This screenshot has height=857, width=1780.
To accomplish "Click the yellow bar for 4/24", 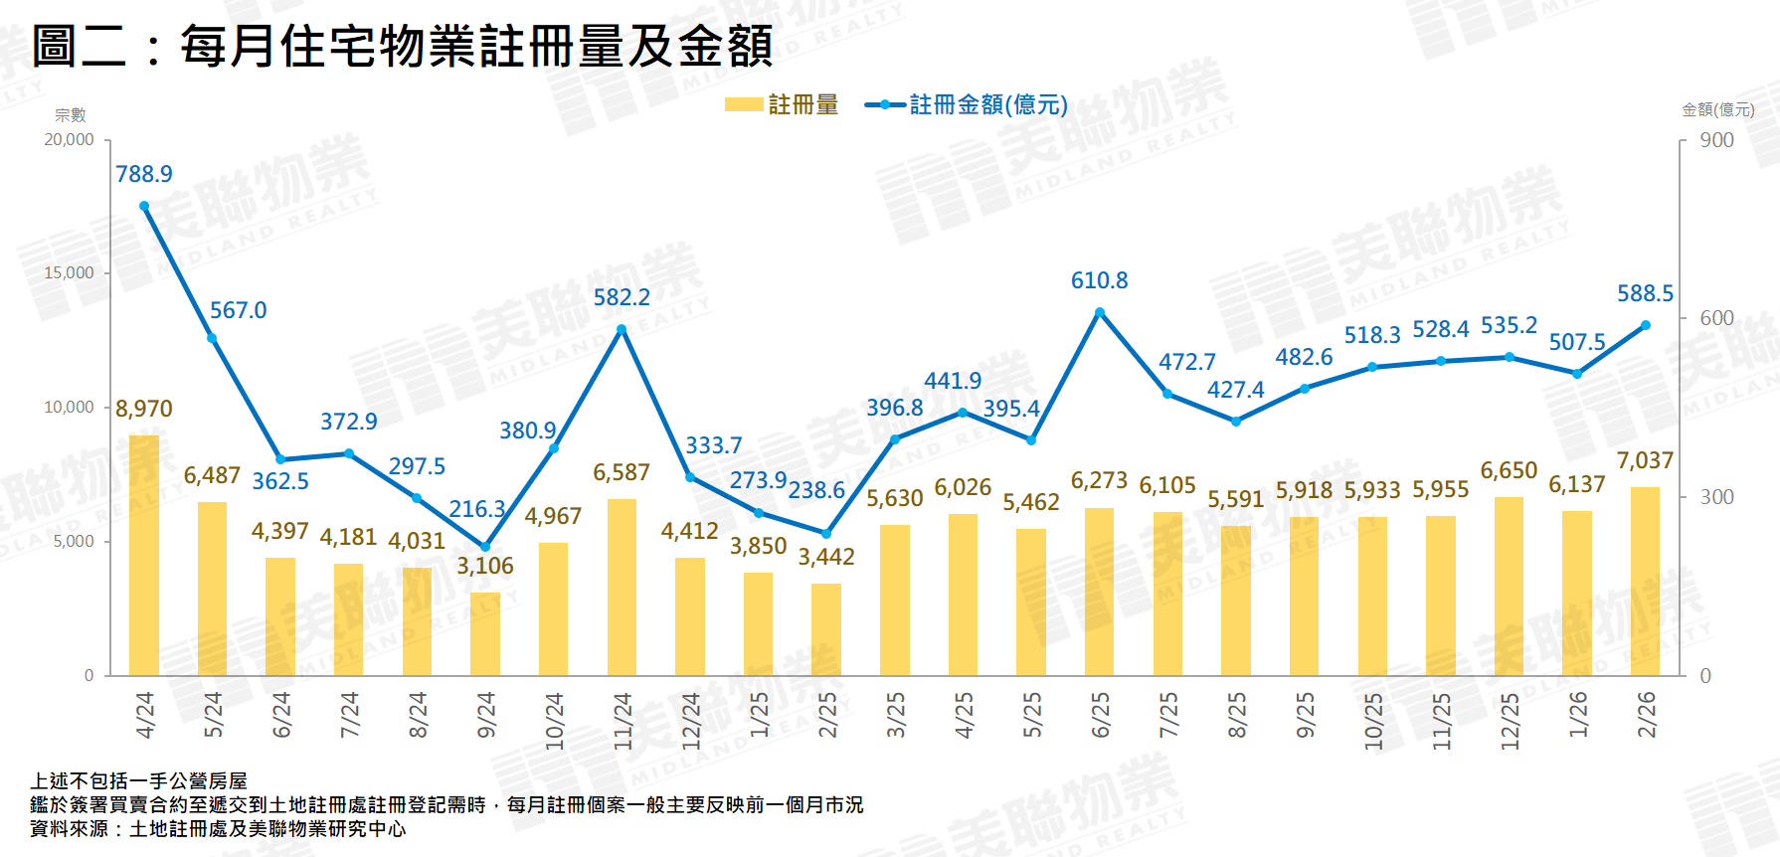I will tap(144, 556).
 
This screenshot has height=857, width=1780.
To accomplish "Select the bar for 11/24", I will tap(622, 588).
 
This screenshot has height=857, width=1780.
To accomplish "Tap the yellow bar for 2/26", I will tap(1645, 582).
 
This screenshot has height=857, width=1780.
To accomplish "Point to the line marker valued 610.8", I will tap(1100, 312).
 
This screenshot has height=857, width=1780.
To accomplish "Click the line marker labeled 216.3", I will tap(485, 547).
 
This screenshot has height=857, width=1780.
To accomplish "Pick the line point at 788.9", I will tap(144, 207).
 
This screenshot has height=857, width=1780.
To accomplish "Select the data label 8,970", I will tap(144, 409).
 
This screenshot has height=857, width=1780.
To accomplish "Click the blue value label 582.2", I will tap(622, 297).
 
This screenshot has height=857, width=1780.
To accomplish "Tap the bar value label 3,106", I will tap(485, 566).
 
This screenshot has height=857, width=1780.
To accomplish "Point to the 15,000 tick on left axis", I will tap(69, 272).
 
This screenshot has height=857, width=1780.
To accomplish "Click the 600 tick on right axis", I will tap(1716, 318).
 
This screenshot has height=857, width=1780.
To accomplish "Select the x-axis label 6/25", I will tap(1101, 715).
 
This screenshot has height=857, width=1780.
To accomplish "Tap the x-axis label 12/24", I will tap(691, 720).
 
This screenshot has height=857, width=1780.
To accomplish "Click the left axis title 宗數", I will tap(70, 115).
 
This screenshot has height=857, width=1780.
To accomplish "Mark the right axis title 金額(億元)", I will tap(1717, 109).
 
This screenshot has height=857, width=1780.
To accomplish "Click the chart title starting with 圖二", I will tap(402, 46).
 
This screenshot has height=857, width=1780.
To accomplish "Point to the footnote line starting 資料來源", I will tap(218, 828).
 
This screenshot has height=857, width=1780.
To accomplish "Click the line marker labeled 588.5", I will tap(1645, 325).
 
